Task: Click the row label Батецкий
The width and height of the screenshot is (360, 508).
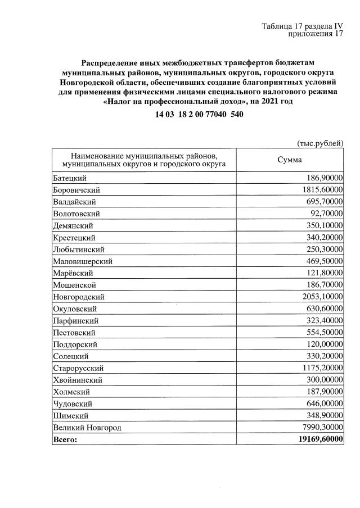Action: [69, 178]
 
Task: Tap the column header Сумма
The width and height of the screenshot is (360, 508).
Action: [290, 160]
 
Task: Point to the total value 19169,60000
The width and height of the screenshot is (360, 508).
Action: [318, 439]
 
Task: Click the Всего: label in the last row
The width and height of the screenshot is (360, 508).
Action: [65, 439]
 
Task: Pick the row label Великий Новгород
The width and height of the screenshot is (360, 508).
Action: [87, 428]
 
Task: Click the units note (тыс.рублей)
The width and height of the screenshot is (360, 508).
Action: [319, 144]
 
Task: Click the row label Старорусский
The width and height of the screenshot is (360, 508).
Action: [78, 368]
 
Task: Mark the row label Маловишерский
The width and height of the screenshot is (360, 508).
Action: [82, 261]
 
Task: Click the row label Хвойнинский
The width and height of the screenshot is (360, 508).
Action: [77, 380]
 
